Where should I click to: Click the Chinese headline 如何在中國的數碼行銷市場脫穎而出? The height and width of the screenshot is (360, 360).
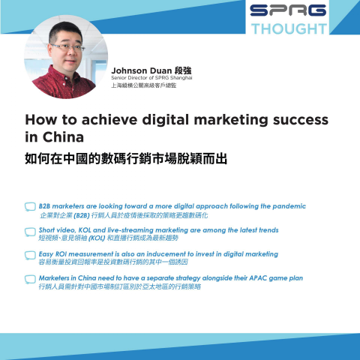(x=126, y=160)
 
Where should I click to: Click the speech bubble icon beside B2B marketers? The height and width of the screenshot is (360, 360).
(x=30, y=207)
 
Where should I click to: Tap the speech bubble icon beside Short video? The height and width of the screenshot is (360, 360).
(x=30, y=231)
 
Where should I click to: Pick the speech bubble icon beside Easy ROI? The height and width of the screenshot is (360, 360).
(x=30, y=256)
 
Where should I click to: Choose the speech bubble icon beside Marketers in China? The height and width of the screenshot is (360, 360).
(x=30, y=280)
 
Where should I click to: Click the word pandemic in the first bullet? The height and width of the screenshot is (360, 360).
(x=286, y=205)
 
